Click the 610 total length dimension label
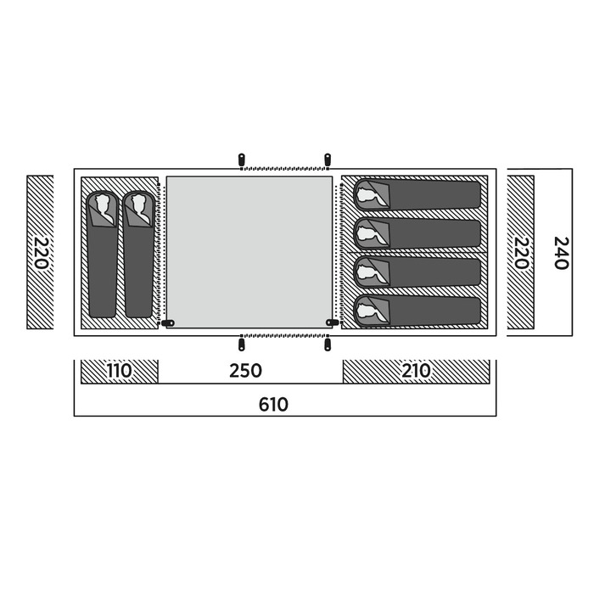click(x=273, y=405)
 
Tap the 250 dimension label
click(x=245, y=371)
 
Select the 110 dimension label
click(x=119, y=371)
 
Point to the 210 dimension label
click(x=416, y=371)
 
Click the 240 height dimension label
click(x=562, y=253)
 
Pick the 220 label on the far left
click(x=41, y=253)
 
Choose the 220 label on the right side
click(x=520, y=253)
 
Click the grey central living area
click(x=249, y=252)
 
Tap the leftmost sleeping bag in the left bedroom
click(x=103, y=254)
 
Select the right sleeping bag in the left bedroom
click(x=138, y=254)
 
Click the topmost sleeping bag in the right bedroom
click(x=417, y=195)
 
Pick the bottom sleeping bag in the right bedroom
click(x=417, y=311)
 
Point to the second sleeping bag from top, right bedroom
click(x=417, y=233)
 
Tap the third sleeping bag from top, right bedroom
click(x=417, y=272)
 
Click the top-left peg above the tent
click(x=241, y=159)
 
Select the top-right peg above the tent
click(x=328, y=159)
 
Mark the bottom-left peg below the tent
click(x=241, y=345)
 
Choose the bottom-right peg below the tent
click(x=328, y=345)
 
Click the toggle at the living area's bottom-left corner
click(x=168, y=323)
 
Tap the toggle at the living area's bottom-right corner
click(x=333, y=322)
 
